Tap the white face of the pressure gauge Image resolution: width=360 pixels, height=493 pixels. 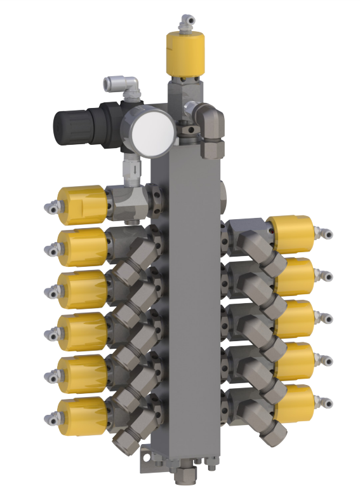tap(152, 132)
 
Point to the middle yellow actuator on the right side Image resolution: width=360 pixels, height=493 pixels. tap(295, 318)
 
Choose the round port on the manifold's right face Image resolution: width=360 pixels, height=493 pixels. tap(223, 191)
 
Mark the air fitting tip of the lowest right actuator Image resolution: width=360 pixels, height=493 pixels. tap(328, 402)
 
